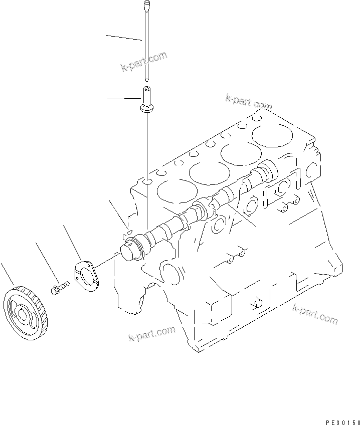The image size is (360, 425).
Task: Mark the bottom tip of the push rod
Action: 146,78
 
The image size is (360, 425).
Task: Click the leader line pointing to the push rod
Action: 123,38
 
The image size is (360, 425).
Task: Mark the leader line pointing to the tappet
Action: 123,100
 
